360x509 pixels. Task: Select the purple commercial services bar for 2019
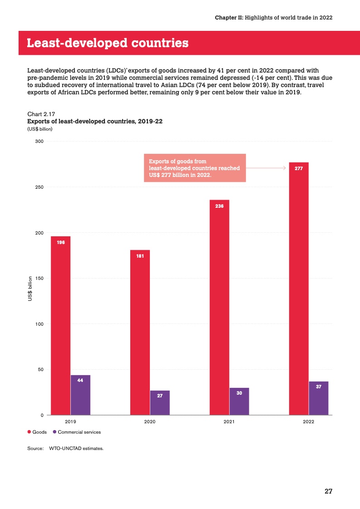click(x=80, y=395)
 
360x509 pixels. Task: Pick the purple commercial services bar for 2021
click(x=239, y=401)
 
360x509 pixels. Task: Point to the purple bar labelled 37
click(x=319, y=398)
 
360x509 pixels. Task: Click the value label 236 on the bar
click(x=219, y=206)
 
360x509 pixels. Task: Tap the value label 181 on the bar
click(x=140, y=256)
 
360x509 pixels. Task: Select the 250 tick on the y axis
click(x=39, y=187)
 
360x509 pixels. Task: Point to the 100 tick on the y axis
click(x=39, y=324)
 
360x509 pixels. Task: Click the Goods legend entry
click(x=37, y=432)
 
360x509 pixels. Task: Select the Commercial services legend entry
click(x=77, y=432)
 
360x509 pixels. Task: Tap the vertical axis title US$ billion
click(x=30, y=289)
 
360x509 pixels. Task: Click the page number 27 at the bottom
click(x=329, y=491)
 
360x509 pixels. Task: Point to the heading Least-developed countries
click(x=108, y=43)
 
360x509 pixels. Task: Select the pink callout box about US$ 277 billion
click(x=195, y=168)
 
